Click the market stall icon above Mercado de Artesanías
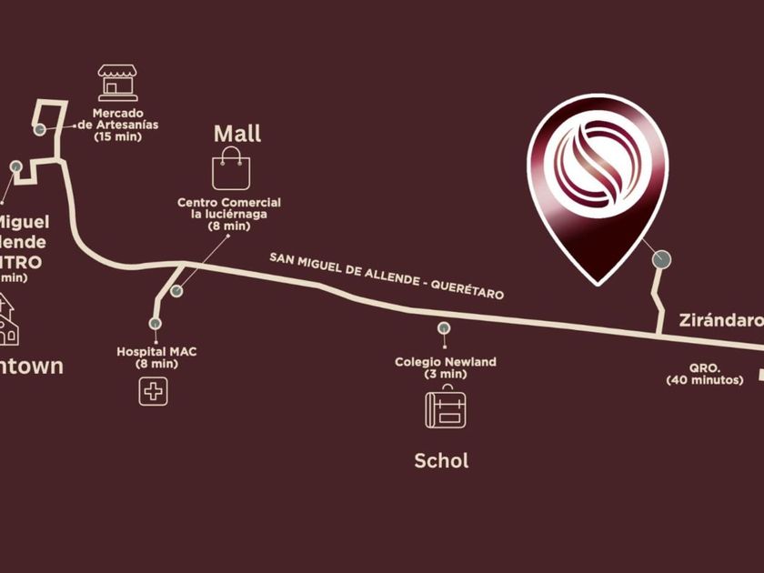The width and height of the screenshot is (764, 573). pos(118,83)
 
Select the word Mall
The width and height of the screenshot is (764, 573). pos(237,134)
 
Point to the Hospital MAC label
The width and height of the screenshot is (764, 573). pos(157,357)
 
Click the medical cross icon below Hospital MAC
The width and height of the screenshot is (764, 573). pos(154,391)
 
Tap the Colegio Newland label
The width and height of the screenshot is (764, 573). pos(445,367)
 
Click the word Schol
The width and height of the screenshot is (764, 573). pos(441,460)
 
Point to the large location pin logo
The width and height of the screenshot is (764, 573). pos(599,182)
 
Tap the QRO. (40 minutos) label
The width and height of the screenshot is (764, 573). pos(704,375)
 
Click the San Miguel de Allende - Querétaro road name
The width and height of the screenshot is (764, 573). pos(387,276)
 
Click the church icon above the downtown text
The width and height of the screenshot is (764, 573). pos(7,320)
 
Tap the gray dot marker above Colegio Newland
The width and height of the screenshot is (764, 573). pos(444,328)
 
